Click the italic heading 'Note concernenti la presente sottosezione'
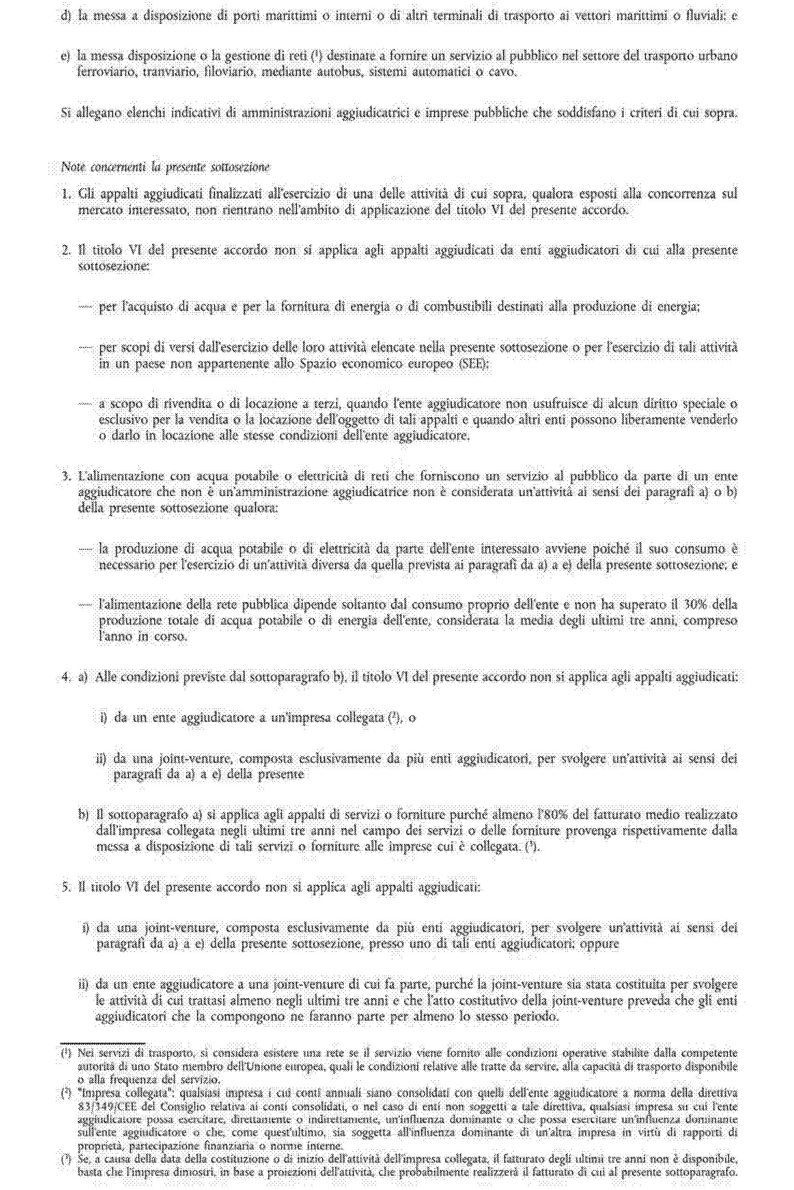166,167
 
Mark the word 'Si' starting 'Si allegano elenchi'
66,113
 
